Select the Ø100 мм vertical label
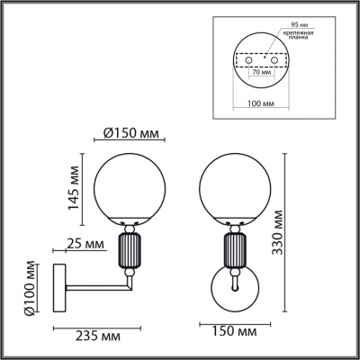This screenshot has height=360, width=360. pos(30,288)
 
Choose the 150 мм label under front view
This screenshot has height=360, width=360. pos(227,332)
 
